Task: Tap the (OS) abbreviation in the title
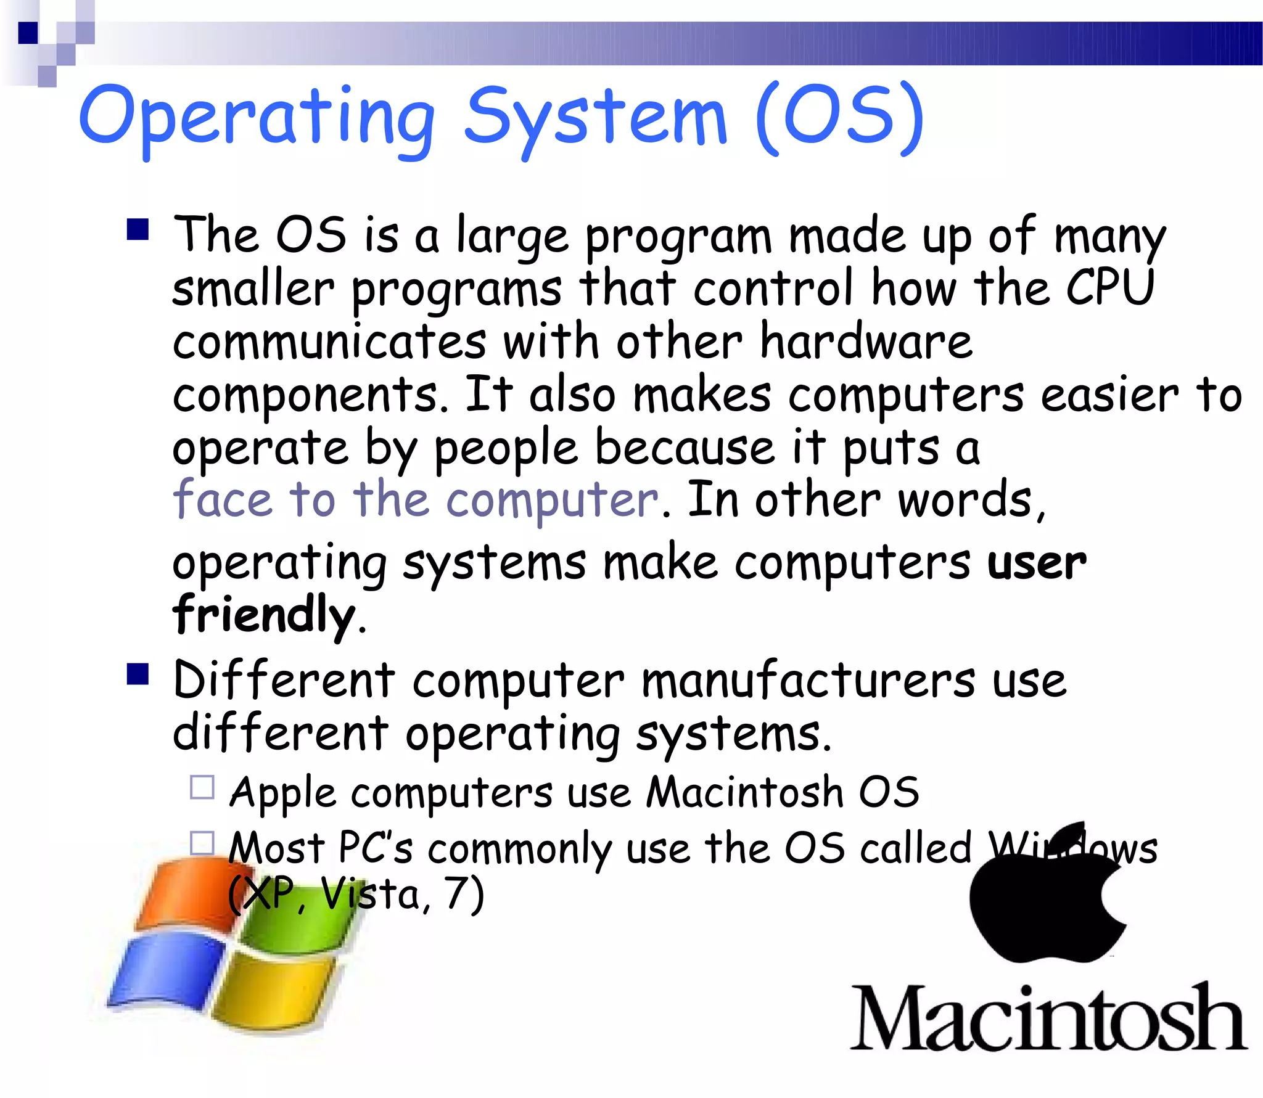coord(839,117)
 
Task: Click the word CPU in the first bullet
coord(1109,288)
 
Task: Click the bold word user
coord(1036,562)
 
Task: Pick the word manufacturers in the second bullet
coord(808,681)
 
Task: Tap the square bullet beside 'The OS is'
coord(138,230)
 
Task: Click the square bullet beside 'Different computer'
coord(138,674)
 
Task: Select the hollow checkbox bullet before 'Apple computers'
coord(202,787)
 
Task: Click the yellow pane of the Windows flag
coord(271,986)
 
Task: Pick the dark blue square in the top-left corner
coord(28,33)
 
